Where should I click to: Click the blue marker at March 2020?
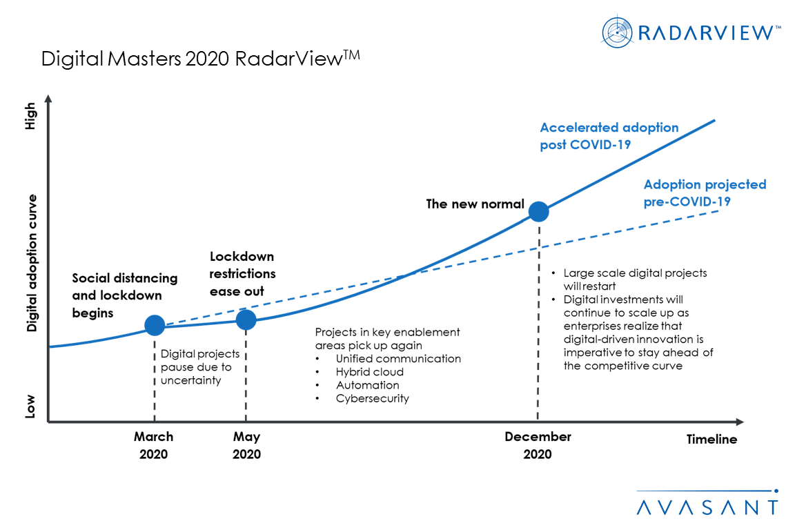pos(155,325)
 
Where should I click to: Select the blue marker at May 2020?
pos(246,320)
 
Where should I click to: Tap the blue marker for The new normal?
pos(538,211)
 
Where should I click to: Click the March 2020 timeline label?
pos(154,445)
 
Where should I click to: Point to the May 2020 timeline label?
pos(246,445)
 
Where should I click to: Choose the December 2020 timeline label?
pos(538,445)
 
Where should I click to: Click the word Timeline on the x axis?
pos(711,440)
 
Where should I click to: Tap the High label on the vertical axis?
pos(30,116)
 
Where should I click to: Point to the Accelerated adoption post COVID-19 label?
pos(609,136)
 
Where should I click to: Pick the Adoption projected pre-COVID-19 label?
pos(705,193)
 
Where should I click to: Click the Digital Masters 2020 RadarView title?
pos(200,59)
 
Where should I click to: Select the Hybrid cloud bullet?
pos(369,372)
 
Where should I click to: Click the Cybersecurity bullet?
pos(372,398)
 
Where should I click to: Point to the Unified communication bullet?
pos(397,359)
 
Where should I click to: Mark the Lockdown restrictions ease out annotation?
pos(242,273)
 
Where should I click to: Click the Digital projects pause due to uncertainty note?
pos(200,367)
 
